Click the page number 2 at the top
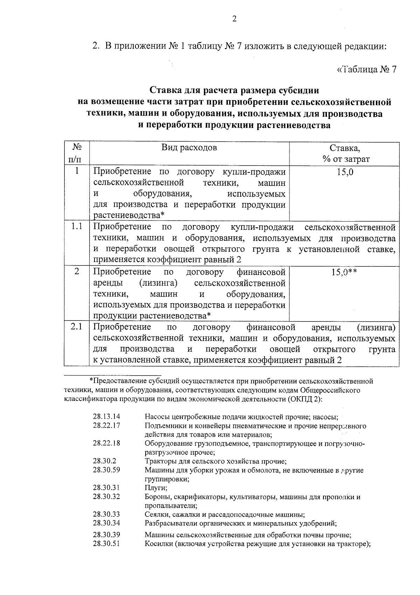[x=234, y=19]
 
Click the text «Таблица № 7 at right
[x=366, y=69]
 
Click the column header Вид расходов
[x=189, y=148]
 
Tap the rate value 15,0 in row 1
[x=345, y=172]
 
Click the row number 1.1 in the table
[x=76, y=226]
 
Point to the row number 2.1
[x=76, y=327]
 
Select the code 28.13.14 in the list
[x=106, y=417]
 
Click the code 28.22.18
[x=106, y=443]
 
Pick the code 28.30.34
[x=106, y=523]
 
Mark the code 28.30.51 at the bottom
[x=106, y=544]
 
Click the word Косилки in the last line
[x=159, y=544]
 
